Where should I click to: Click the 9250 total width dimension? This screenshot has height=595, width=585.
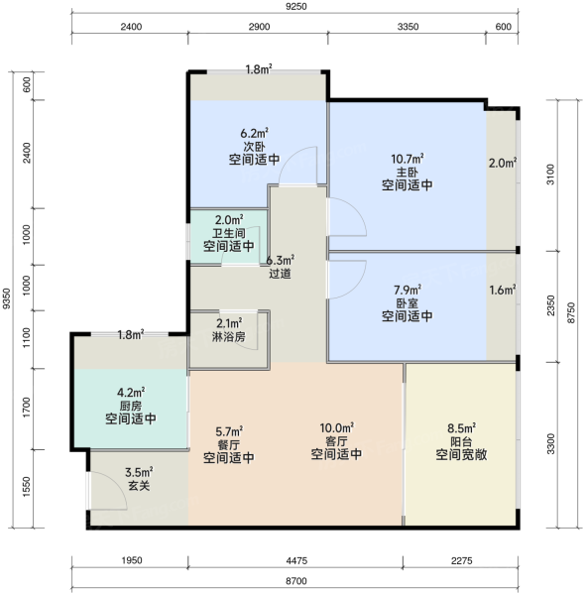coord(295,7)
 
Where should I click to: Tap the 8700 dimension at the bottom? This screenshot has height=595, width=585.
coord(295,581)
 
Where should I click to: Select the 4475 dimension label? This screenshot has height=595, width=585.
coord(296,560)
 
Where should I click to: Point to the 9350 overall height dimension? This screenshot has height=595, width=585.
coord(7,298)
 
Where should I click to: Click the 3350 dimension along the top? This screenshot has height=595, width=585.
coord(408,27)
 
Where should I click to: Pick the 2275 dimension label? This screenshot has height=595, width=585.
coord(462,560)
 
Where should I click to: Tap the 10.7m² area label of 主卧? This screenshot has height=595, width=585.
coord(408,159)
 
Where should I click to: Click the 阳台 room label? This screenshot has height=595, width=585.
coord(461,441)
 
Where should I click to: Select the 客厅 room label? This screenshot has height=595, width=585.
coord(336,441)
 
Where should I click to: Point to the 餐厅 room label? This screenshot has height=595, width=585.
coord(229,444)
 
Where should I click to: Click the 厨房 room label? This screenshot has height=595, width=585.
coord(131,406)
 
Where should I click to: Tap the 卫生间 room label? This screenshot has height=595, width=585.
coord(229,233)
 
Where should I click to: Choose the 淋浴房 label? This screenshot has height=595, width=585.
coord(229,336)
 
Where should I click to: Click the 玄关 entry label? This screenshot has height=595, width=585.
coord(139,485)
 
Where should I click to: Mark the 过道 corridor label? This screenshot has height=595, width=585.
coord(280,274)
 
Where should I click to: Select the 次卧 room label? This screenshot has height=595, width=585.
coord(254,147)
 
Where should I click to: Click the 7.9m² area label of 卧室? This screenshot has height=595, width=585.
coord(408,291)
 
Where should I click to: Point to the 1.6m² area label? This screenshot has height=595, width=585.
coord(503,291)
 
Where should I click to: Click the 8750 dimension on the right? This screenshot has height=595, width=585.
coord(571,313)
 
